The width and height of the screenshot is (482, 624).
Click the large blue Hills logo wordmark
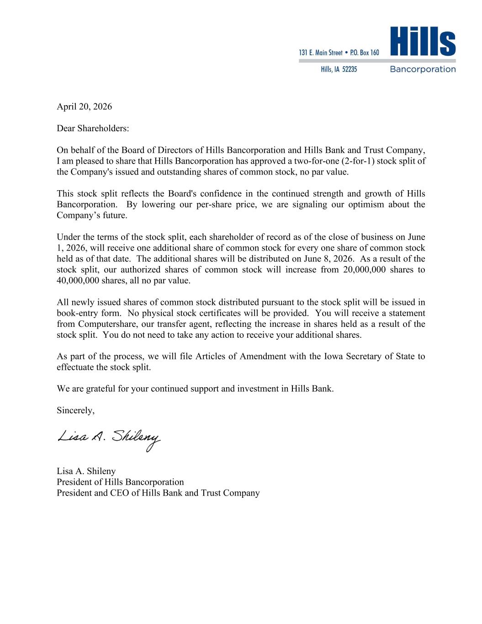click(x=423, y=42)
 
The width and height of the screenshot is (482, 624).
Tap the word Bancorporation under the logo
click(x=423, y=69)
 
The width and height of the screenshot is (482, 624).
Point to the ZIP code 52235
click(x=350, y=69)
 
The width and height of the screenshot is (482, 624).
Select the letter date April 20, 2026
click(x=84, y=107)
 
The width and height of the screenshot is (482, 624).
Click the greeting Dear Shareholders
click(x=93, y=128)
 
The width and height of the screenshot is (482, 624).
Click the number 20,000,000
click(x=364, y=270)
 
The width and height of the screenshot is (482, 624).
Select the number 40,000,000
click(x=78, y=281)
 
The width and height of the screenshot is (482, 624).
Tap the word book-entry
click(x=79, y=313)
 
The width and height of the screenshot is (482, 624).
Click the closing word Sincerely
click(x=75, y=411)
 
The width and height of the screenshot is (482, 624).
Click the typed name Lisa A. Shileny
click(x=86, y=471)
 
